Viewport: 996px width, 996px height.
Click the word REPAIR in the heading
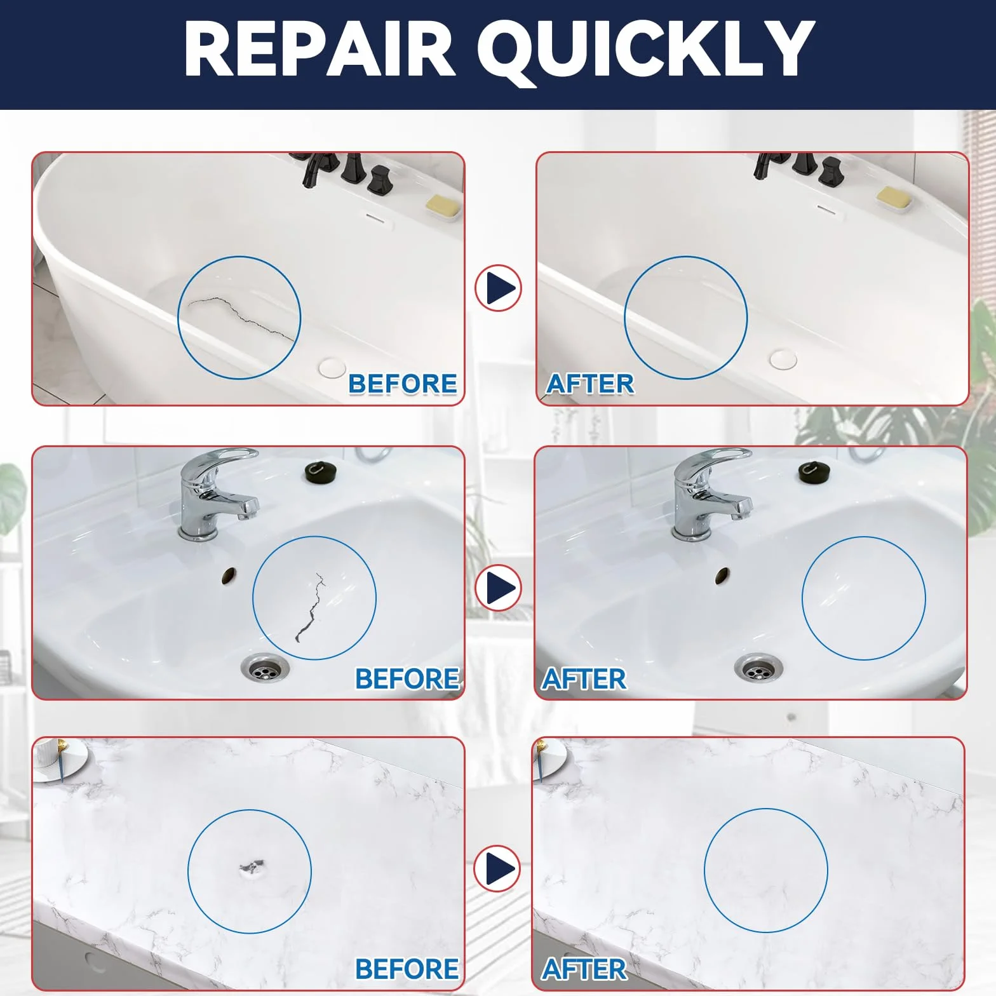coord(320,49)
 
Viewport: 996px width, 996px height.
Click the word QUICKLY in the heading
coord(645,51)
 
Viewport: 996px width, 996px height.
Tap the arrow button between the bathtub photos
coord(499,288)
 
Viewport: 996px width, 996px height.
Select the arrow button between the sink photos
coord(499,588)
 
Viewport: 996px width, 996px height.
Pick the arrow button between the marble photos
coord(497,868)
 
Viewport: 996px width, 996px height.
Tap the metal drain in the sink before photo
coord(264,667)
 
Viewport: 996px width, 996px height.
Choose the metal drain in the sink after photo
coord(758,667)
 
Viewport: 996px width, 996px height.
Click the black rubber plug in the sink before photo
coord(322,471)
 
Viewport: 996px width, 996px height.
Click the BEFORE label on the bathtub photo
coord(403,384)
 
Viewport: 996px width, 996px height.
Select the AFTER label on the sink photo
coord(584,679)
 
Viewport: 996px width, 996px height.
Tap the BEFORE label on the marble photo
coord(407,969)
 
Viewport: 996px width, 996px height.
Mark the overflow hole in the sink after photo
coord(722,577)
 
